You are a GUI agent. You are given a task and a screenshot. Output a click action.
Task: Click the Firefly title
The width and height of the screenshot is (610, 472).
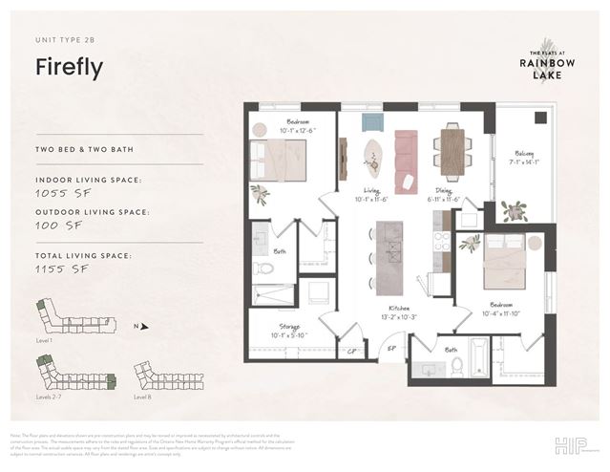(x=69, y=68)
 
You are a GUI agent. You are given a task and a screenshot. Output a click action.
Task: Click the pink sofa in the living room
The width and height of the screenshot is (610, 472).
(x=406, y=159)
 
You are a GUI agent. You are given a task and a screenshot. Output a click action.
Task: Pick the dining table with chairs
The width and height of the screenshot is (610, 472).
(x=451, y=150)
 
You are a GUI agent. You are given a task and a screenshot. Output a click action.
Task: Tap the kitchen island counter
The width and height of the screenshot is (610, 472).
(x=389, y=257)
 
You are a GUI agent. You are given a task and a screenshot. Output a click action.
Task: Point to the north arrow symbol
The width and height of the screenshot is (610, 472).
(x=144, y=327)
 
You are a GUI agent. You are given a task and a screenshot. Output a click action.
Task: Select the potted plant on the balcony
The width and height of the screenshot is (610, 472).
(x=515, y=212)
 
